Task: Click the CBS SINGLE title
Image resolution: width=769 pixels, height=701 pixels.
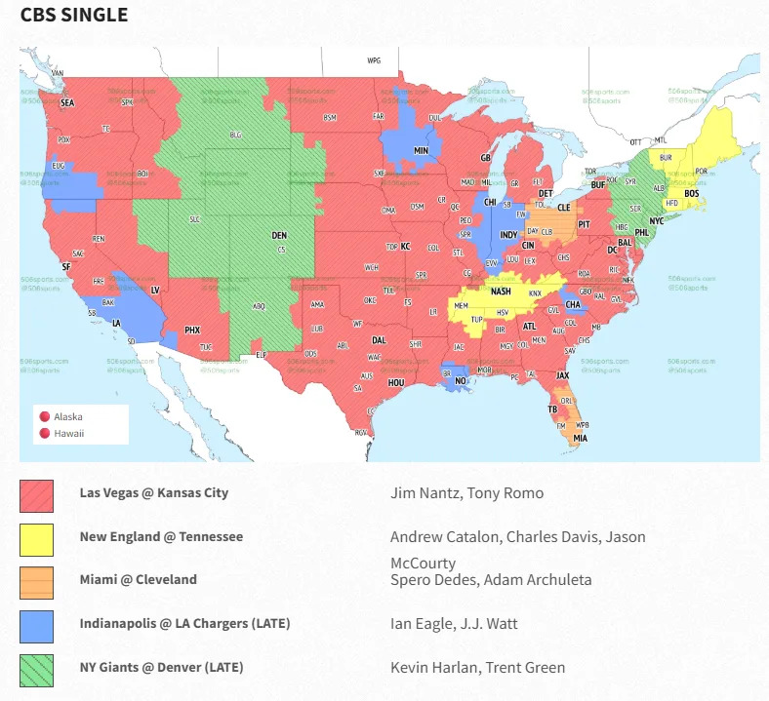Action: [73, 16]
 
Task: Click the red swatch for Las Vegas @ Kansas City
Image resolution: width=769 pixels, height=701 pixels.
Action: [36, 495]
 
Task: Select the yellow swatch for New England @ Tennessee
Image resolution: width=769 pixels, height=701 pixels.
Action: [36, 539]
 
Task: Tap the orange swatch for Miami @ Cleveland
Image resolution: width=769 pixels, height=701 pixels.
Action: [36, 582]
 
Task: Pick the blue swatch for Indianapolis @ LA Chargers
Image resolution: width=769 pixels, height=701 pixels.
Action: [36, 626]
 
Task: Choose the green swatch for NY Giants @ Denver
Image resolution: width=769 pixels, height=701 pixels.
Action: [36, 670]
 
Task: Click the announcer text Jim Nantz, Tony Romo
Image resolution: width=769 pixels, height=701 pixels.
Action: [466, 493]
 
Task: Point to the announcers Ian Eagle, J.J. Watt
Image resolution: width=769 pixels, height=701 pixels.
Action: [454, 624]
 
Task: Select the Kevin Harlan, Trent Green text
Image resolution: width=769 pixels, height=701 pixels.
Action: [477, 668]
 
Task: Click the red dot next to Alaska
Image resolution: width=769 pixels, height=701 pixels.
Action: [43, 416]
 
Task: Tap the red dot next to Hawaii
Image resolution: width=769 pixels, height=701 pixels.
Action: [43, 433]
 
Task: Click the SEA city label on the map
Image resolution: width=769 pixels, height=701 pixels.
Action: [67, 101]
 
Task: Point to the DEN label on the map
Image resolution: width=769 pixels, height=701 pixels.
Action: [279, 235]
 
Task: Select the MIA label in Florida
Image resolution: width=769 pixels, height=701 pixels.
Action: [581, 438]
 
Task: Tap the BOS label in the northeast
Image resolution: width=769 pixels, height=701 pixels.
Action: [692, 194]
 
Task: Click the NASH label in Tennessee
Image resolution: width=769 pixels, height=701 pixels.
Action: [501, 292]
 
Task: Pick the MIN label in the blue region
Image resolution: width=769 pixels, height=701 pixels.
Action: [422, 151]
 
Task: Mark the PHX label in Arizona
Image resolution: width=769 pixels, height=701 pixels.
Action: [192, 330]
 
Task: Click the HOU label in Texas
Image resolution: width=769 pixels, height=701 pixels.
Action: [395, 383]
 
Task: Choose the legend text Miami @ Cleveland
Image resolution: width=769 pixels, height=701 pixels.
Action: [138, 579]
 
